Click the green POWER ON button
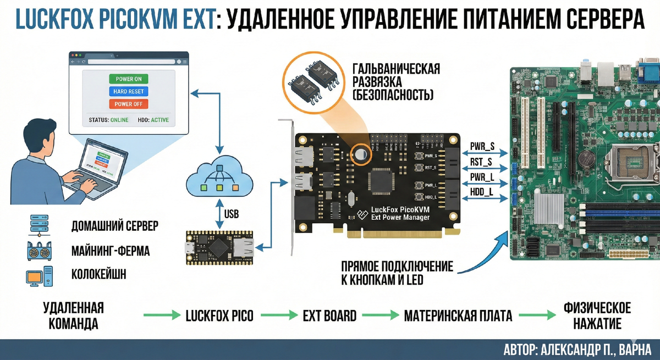point(129,79)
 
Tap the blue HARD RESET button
point(129,91)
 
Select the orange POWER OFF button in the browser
point(129,104)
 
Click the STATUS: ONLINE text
point(108,120)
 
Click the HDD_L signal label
point(482,191)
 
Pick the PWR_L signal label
point(482,176)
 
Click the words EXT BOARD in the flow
point(329,316)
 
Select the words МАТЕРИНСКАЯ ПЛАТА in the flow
point(458,316)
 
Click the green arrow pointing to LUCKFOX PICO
point(162,315)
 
